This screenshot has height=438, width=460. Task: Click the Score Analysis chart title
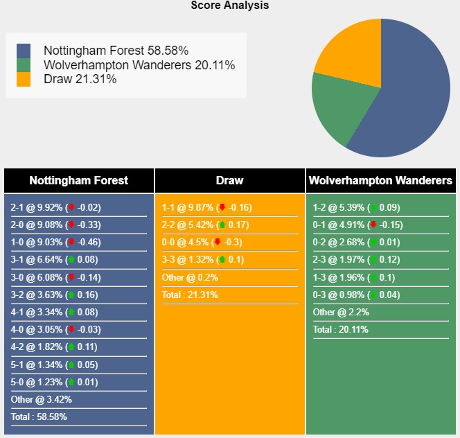click(x=230, y=6)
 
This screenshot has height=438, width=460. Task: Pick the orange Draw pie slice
click(x=350, y=52)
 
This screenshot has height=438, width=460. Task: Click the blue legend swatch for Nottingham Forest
click(x=24, y=51)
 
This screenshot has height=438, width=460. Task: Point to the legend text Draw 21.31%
click(x=80, y=79)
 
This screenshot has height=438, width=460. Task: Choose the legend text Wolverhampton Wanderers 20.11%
click(x=139, y=65)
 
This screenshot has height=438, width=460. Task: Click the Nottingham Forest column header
click(x=78, y=180)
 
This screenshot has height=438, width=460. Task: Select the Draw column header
click(x=229, y=180)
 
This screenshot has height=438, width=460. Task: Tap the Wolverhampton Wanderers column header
click(x=380, y=180)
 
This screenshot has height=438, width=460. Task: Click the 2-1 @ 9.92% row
click(x=55, y=207)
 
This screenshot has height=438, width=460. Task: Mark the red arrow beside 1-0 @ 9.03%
click(x=70, y=242)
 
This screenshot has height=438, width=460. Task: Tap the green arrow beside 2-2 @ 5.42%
click(x=222, y=225)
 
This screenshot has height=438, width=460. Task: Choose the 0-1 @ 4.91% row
click(x=357, y=225)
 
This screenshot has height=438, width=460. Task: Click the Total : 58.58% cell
click(x=39, y=417)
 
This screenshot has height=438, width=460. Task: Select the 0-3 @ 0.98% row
click(x=357, y=295)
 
